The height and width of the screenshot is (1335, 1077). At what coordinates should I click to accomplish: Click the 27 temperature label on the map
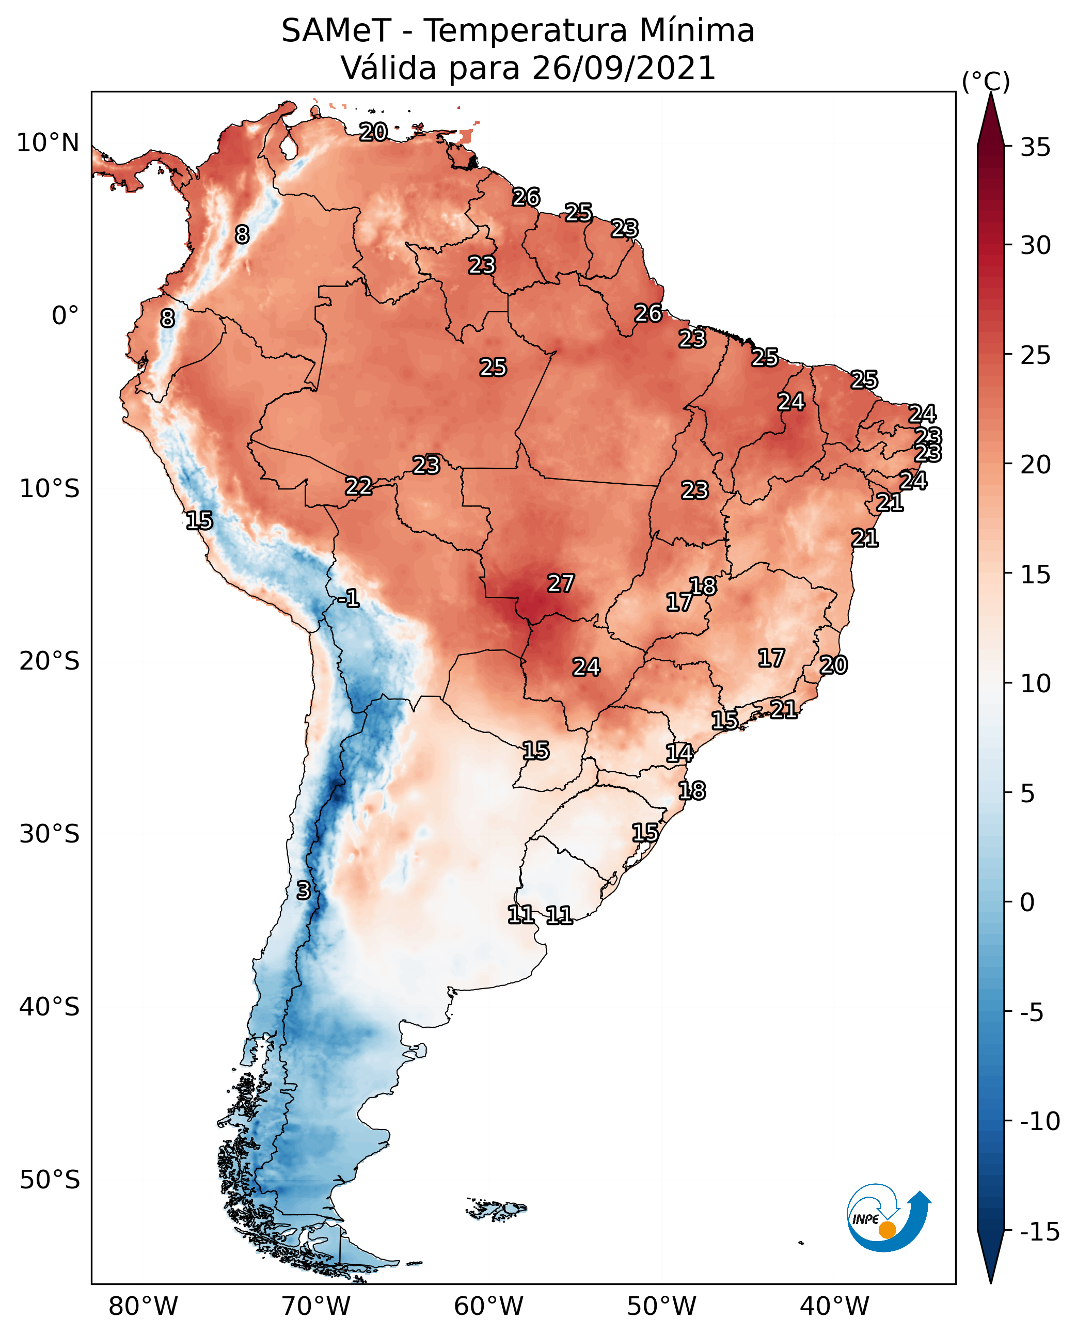[560, 583]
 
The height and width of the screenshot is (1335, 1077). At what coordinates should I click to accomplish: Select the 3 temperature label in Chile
[303, 890]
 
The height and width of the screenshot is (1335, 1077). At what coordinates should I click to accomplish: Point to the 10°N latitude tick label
[48, 144]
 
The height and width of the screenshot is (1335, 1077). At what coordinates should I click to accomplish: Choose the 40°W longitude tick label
[834, 1306]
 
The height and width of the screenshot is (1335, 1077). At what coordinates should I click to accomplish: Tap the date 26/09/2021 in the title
[624, 68]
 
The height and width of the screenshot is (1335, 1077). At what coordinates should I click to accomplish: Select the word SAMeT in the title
[336, 30]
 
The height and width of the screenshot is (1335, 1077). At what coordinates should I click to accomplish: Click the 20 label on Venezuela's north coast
[373, 132]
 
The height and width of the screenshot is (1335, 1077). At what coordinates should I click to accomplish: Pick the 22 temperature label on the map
[359, 486]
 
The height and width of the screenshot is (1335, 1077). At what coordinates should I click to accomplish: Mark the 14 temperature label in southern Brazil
[679, 753]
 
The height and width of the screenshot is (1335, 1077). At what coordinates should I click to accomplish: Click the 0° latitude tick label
[65, 316]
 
